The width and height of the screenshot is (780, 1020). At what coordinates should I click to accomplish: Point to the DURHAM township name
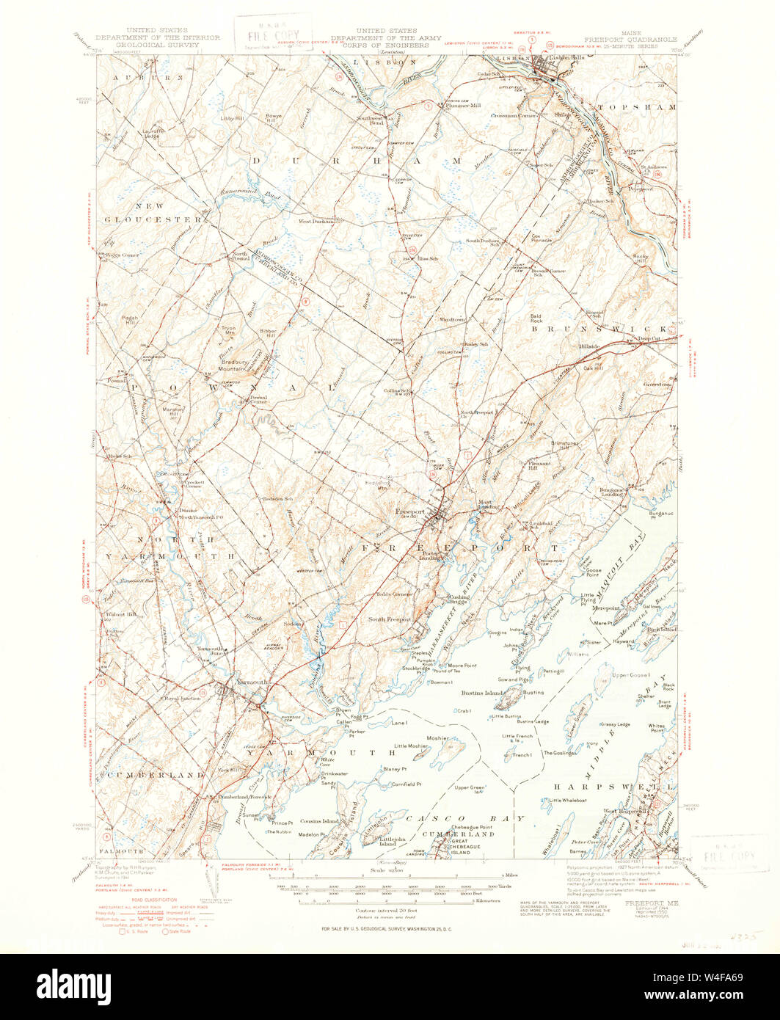point(355,159)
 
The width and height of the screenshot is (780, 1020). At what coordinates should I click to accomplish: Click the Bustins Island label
point(480,693)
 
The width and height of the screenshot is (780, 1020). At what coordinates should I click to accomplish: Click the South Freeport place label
point(389,619)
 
